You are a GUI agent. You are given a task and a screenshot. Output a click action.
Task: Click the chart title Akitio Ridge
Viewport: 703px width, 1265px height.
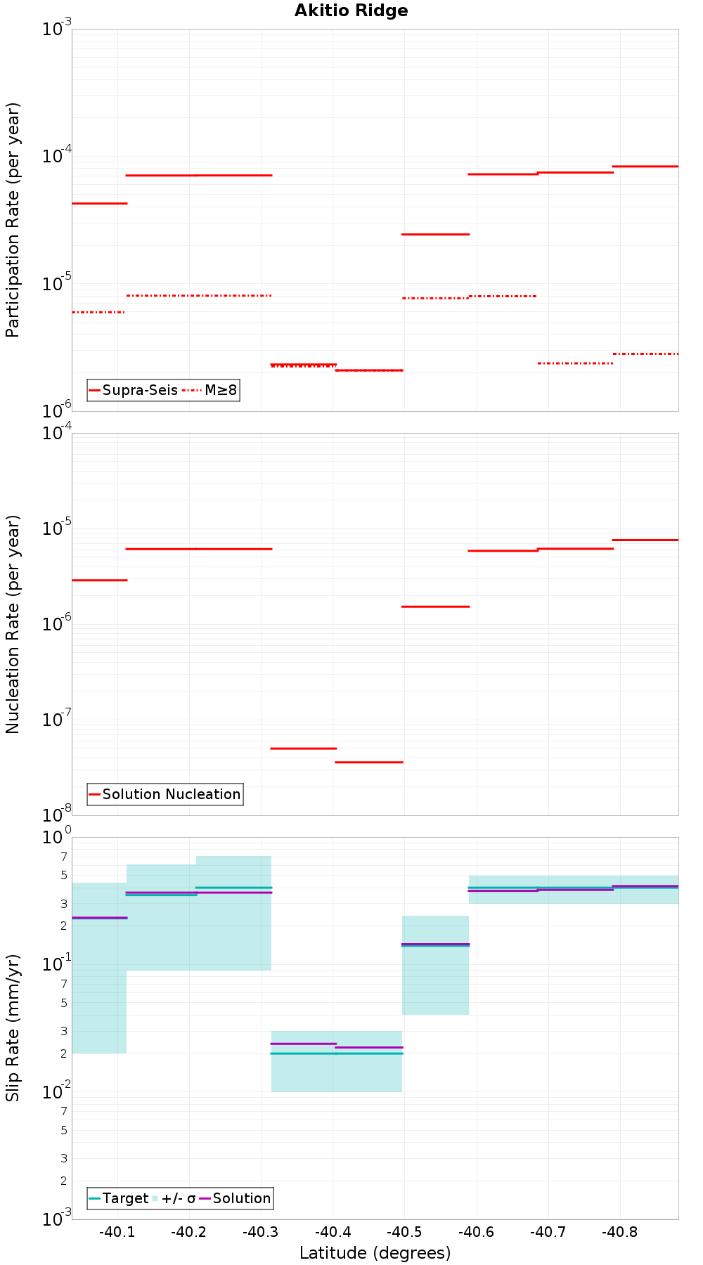(x=351, y=11)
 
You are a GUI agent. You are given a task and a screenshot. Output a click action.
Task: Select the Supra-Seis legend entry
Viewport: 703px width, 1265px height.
(x=139, y=390)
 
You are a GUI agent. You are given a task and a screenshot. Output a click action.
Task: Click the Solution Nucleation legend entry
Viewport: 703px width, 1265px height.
(x=171, y=794)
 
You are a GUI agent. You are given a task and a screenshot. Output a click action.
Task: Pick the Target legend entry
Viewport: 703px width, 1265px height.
(x=125, y=1198)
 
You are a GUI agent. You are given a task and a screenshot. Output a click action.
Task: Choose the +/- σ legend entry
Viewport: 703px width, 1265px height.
(x=179, y=1198)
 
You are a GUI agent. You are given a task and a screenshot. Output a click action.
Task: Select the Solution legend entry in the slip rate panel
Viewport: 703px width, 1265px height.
(x=241, y=1198)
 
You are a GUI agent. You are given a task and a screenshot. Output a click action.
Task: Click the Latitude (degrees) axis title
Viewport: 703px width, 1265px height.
(x=375, y=1253)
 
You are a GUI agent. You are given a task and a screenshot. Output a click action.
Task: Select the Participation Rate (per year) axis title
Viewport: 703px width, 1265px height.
(x=13, y=220)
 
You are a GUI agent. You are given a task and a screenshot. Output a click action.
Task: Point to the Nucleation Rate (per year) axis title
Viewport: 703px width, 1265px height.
(x=13, y=624)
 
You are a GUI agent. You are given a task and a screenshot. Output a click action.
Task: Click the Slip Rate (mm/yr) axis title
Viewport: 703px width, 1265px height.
(x=13, y=1027)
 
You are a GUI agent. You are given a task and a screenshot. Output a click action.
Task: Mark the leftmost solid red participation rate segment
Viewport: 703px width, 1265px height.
(x=99, y=203)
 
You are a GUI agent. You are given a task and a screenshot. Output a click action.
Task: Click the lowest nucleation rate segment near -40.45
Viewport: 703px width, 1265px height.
(x=368, y=762)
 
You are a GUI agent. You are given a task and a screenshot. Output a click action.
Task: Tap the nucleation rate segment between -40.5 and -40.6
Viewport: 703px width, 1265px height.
(x=435, y=606)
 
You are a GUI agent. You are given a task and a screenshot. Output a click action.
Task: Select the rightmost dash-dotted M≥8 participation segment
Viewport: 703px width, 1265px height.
(x=645, y=353)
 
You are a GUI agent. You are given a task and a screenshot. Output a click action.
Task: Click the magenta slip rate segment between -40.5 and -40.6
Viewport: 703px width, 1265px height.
(x=435, y=944)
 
